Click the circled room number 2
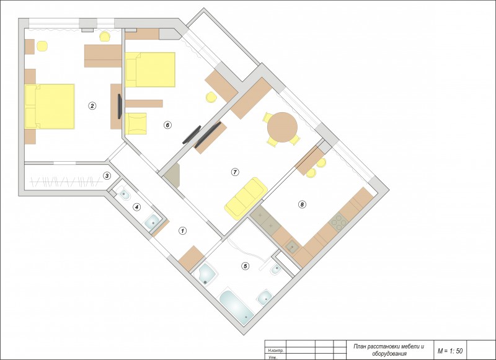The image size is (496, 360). coord(92,106)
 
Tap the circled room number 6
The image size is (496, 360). coord(167,125)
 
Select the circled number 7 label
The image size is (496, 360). coord(235,172)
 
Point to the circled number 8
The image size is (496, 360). coord(302,205)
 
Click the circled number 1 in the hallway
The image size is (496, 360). coord(182,231)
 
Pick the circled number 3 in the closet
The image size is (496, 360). coord(107,176)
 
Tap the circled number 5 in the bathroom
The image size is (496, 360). coord(245,266)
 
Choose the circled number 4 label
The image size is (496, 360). coord(136,208)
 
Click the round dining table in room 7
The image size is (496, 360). coord(282,127)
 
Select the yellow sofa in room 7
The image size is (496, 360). coord(246,198)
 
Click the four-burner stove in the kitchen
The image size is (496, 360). coord(339,222)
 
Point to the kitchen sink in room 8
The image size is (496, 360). coord(291,247)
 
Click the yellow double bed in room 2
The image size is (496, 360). coord(50,107)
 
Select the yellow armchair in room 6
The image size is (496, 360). coord(136,123)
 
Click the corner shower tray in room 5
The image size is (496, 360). coord(205,274)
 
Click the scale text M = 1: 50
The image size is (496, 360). coord(450,351)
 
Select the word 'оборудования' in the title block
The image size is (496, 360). coord(389,354)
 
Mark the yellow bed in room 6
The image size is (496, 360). coord(150,69)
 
